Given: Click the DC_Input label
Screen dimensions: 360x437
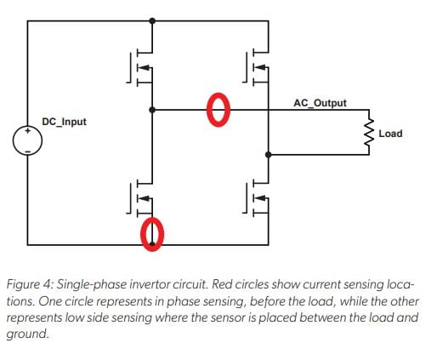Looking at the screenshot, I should click(x=64, y=123).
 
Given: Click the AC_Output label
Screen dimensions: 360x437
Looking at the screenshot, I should click(x=319, y=103).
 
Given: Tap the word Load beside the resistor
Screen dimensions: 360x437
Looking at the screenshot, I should click(x=390, y=134).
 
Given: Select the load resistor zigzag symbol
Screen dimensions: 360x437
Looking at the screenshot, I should click(x=369, y=133).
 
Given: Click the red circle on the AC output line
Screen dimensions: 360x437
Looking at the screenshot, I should click(x=218, y=109).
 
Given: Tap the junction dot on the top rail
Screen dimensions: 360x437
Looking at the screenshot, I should click(x=152, y=20).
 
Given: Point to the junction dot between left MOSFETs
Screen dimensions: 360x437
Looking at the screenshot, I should click(x=152, y=110).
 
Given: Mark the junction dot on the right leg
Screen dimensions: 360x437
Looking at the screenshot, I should click(x=269, y=155).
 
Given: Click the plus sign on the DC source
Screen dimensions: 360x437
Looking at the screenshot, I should click(x=27, y=134).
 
